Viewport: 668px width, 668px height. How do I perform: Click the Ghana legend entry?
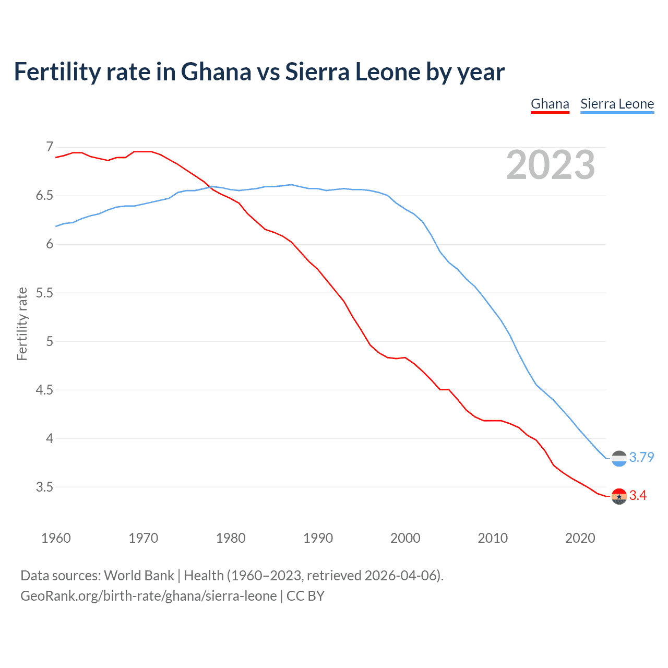point(550,104)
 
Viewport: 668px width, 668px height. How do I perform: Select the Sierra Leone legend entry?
point(617,104)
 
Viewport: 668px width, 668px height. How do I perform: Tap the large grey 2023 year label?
point(551,165)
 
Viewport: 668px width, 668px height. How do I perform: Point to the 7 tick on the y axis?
point(50,147)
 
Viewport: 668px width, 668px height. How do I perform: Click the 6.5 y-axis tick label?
point(44,196)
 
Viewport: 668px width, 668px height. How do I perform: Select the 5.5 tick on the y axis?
point(44,293)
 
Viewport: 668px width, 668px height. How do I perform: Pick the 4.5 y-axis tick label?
point(44,390)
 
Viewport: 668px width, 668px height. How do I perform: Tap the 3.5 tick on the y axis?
point(44,487)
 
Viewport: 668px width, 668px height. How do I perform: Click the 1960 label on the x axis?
point(56,538)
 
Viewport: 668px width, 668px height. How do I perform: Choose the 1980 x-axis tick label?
point(231,538)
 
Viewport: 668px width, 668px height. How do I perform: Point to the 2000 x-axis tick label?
point(405,538)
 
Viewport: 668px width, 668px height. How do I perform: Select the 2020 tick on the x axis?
point(580,538)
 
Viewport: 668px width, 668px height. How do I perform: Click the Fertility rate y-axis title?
point(22,324)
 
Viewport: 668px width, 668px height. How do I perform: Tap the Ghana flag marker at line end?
point(619,496)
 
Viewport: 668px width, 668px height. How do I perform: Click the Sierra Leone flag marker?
point(619,458)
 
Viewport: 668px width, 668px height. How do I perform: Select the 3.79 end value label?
point(641,457)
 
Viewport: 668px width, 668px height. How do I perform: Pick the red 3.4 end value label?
point(638,495)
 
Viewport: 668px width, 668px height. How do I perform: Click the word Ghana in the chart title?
point(216,72)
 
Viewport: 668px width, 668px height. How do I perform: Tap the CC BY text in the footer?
point(305,596)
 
